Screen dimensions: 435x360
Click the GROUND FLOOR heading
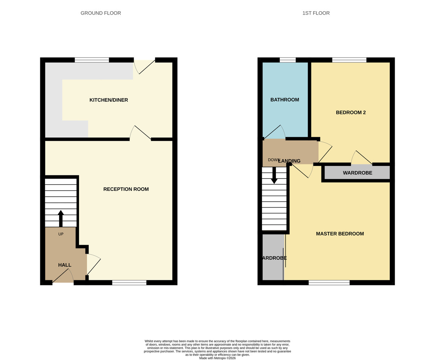[x=101, y=13]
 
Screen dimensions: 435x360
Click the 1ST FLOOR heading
[x=316, y=13]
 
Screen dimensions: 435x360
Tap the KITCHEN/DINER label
[x=109, y=100]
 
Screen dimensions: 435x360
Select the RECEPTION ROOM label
[x=126, y=189]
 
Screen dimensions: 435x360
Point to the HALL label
[x=65, y=265]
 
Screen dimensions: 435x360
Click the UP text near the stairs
[x=61, y=234]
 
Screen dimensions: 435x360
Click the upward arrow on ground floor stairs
[x=61, y=218]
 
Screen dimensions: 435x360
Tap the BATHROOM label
[x=285, y=100]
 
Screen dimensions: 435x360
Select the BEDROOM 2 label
[x=351, y=112]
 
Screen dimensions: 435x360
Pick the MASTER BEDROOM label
[x=340, y=234]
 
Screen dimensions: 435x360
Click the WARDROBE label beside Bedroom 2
[x=357, y=173]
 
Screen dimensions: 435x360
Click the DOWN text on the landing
[x=274, y=160]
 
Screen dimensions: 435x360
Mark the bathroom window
[x=287, y=60]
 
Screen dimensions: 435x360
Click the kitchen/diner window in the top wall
[x=92, y=60]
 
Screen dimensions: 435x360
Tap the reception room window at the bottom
[x=129, y=282]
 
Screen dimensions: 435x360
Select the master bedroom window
[x=329, y=282]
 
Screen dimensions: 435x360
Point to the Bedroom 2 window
[x=349, y=60]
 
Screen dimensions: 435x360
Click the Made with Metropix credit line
[x=217, y=358]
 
